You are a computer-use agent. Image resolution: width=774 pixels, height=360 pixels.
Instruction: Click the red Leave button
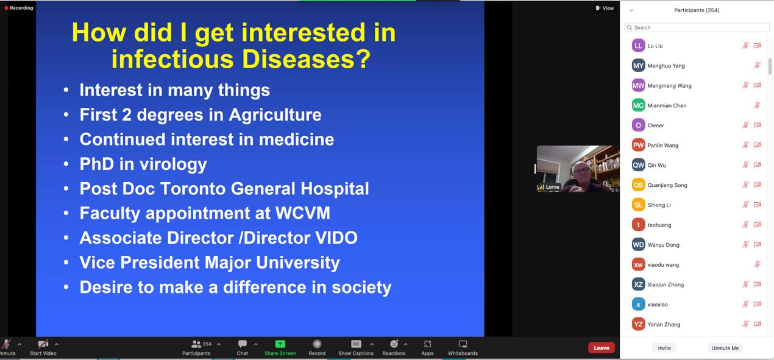[x=602, y=348]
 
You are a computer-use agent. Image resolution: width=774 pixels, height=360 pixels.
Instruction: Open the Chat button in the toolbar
[x=242, y=348]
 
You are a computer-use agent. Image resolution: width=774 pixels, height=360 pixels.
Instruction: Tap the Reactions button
[x=394, y=348]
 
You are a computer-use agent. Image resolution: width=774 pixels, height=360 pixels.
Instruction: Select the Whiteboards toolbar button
[x=463, y=348]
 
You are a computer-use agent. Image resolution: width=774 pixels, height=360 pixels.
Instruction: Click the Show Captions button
[x=356, y=348]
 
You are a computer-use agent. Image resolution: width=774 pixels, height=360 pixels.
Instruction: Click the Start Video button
[x=43, y=348]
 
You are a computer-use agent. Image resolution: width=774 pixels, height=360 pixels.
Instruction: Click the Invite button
[x=664, y=348]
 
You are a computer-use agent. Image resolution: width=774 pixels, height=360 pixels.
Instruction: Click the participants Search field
[x=697, y=27]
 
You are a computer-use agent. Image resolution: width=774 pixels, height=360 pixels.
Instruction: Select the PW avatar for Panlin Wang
[x=638, y=145]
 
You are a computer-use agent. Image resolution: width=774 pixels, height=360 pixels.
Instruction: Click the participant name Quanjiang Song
[x=667, y=185]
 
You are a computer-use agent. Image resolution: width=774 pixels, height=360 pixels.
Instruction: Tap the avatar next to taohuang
[x=638, y=225]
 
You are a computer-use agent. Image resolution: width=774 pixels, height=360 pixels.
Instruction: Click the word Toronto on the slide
[x=193, y=189]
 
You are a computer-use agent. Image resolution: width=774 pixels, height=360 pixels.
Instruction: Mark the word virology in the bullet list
[x=173, y=164]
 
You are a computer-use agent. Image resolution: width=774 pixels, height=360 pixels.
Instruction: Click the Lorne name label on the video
[x=552, y=187]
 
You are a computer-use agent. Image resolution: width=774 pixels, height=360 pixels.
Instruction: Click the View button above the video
[x=605, y=9]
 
